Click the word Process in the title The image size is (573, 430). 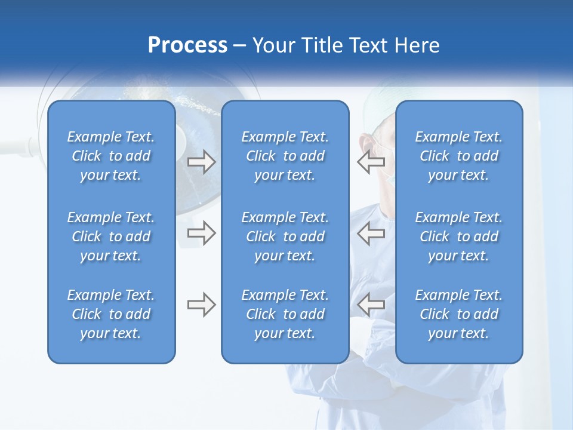(x=187, y=45)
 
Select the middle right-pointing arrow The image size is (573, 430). (x=201, y=233)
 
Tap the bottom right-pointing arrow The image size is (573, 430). (x=201, y=305)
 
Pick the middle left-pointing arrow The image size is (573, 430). (x=371, y=233)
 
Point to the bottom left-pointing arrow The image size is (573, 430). (x=371, y=305)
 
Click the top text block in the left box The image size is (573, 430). (x=111, y=156)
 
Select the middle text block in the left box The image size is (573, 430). (x=111, y=236)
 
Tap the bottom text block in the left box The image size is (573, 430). (x=111, y=314)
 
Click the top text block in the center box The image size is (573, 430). (x=285, y=156)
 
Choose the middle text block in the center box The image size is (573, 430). (x=285, y=236)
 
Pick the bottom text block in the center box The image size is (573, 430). (x=285, y=314)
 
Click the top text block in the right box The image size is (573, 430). (x=459, y=156)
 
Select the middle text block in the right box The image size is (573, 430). (x=459, y=236)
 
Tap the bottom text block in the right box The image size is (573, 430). (x=459, y=314)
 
